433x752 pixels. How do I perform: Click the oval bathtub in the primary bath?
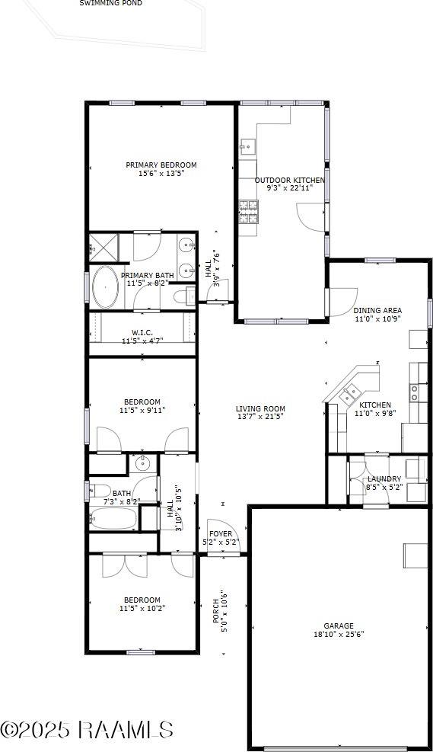click(x=105, y=286)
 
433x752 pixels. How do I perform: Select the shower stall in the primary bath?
click(x=104, y=247)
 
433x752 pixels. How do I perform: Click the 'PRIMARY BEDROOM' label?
click(x=161, y=165)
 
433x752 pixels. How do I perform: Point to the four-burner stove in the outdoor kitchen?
click(x=248, y=211)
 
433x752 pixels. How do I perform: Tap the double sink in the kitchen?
click(x=351, y=394)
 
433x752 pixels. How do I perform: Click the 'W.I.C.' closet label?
click(x=142, y=333)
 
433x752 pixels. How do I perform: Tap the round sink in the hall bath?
click(x=142, y=463)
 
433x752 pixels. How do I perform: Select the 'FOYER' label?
click(x=221, y=534)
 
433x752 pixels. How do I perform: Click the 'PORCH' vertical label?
click(x=216, y=612)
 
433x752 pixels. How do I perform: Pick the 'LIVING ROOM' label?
click(x=260, y=408)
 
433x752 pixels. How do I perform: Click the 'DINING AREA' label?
click(x=377, y=311)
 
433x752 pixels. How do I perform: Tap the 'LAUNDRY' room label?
click(x=384, y=478)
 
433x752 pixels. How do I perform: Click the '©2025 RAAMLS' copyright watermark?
click(x=87, y=730)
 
